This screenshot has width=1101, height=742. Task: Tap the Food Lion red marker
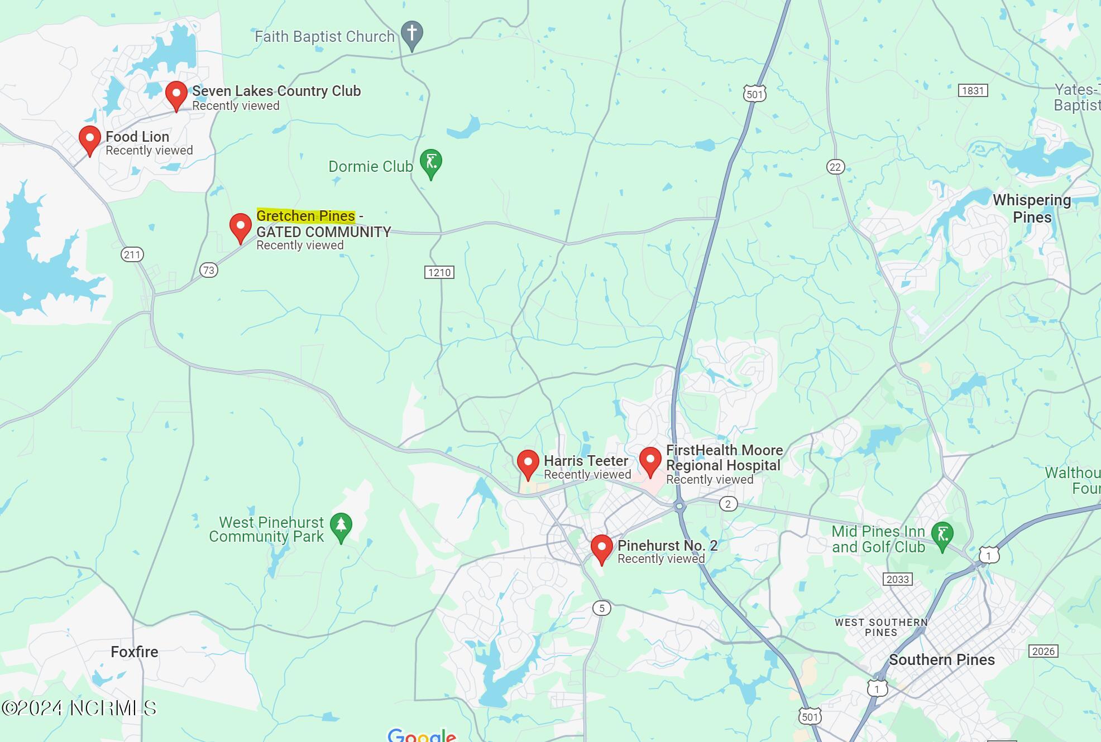coord(89,139)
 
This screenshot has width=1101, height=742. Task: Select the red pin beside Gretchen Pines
coord(241,227)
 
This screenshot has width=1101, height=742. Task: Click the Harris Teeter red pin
coord(528,463)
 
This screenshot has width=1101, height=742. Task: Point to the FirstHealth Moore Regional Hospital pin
coord(650,460)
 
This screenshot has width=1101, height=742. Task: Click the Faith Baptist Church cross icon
coord(412,33)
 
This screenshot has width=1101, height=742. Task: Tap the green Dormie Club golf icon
coord(431,162)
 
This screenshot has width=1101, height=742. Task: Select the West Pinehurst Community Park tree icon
coord(341,526)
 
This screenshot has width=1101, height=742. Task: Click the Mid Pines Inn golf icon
coord(942,535)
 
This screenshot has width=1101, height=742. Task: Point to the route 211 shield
coord(132,255)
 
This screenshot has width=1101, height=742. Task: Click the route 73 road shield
coord(209,271)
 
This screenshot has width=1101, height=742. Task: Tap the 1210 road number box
coord(439,272)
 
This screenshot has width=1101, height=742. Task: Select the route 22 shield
coord(835,167)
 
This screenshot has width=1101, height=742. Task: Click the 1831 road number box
coord(973,90)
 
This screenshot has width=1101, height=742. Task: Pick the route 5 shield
coord(601,608)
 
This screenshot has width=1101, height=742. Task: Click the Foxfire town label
coord(135,652)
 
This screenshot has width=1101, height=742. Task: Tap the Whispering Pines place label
coord(1032,209)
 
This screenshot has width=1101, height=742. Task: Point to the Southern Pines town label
coord(942,660)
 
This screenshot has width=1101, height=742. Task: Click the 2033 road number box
coord(898,579)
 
